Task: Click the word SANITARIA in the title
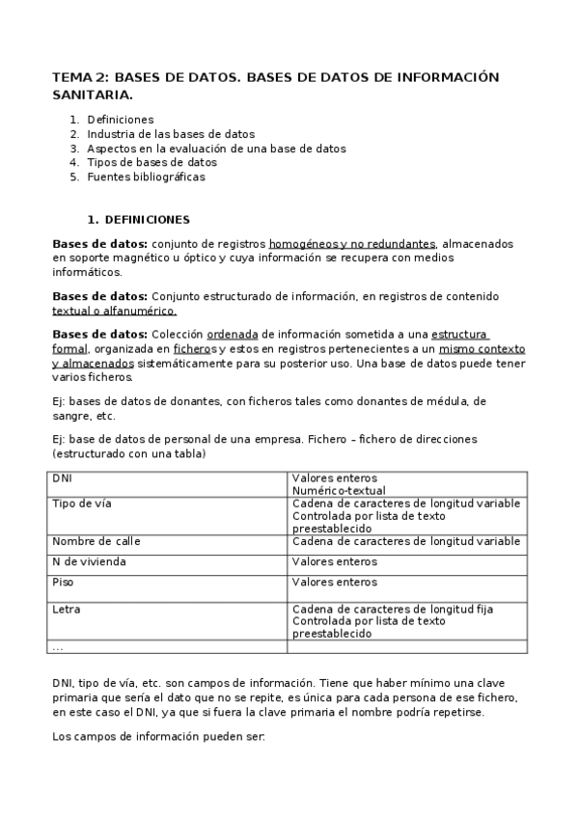point(93,95)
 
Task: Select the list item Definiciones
point(120,120)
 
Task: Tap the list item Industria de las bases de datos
point(171,134)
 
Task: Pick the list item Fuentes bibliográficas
point(146,177)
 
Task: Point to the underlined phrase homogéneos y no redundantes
point(352,244)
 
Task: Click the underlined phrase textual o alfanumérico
point(114,311)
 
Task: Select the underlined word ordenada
point(233,334)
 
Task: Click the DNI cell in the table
point(63,477)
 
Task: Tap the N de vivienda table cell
point(89,561)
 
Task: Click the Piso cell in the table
point(64,582)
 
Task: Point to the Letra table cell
point(67,610)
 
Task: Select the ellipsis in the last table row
point(58,647)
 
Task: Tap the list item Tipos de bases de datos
point(151,163)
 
